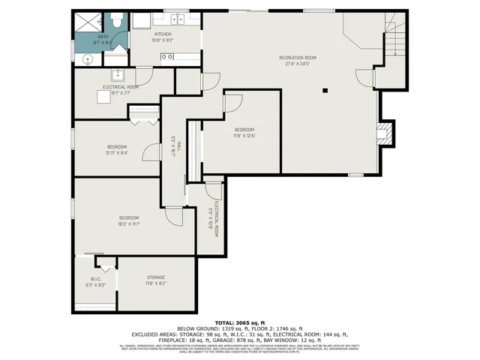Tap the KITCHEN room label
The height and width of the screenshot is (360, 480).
click(163, 34)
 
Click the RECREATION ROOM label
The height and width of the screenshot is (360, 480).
click(298, 58)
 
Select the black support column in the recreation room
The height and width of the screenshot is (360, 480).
click(325, 91)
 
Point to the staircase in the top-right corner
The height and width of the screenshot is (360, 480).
click(393, 37)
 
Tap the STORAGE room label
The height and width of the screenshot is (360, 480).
click(156, 277)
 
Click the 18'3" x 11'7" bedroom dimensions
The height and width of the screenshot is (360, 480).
click(130, 223)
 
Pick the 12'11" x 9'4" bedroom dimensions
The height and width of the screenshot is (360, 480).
click(116, 152)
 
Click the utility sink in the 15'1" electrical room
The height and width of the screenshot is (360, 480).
click(118, 74)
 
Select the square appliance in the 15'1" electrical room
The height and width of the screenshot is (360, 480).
click(143, 113)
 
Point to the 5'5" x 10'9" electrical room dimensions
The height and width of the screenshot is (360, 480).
click(210, 222)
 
